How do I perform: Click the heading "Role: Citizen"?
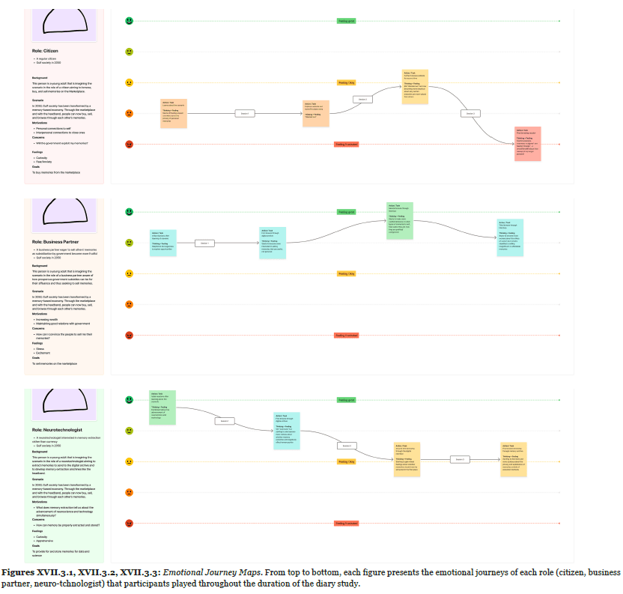tap(46, 51)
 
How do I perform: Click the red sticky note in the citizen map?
tap(527, 144)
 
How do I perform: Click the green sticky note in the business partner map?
tap(400, 220)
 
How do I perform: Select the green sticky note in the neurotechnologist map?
tap(162, 407)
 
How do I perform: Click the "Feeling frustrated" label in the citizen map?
tap(346, 144)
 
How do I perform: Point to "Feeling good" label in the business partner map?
tap(346, 212)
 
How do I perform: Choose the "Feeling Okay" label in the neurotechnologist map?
tap(346, 462)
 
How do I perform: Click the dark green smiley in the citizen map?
tap(129, 21)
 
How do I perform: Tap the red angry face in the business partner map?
tap(129, 335)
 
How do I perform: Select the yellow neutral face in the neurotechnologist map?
tap(129, 462)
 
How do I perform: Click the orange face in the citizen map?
tap(129, 113)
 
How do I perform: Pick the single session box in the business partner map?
tap(204, 243)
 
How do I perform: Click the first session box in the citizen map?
tap(244, 113)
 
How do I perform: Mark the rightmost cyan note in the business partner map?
tap(511, 235)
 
